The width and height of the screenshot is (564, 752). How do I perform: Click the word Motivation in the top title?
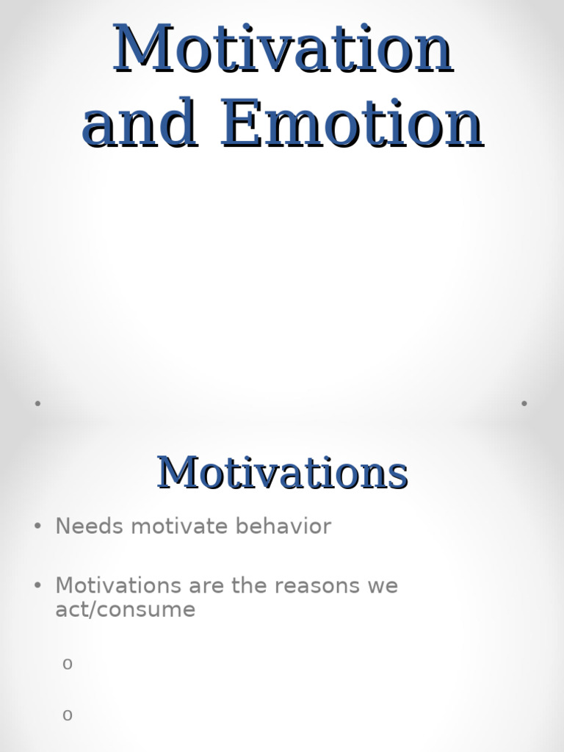(283, 48)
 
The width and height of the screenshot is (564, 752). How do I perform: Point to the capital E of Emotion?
(240, 123)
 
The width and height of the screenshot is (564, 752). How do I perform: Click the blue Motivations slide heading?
(283, 472)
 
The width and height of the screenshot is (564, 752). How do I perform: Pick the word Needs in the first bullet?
(82, 527)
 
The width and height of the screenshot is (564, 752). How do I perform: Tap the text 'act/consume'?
(125, 610)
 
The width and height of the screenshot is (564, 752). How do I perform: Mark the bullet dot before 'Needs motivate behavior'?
(37, 527)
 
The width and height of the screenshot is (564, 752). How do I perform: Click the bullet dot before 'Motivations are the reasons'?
(37, 586)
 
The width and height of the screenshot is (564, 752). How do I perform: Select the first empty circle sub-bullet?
(68, 665)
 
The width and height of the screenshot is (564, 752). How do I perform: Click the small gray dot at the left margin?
(37, 403)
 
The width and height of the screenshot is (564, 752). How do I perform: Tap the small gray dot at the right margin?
(524, 403)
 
